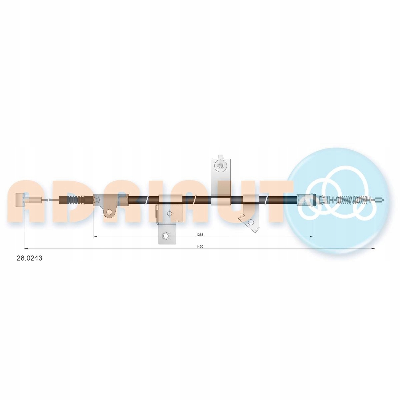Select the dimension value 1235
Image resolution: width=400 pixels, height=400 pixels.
[199, 235]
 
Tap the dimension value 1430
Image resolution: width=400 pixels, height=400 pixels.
[200, 247]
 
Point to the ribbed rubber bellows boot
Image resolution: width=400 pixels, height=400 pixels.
[76, 200]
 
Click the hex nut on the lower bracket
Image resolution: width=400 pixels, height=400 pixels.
[165, 236]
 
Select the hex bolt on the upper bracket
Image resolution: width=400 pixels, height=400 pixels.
[220, 166]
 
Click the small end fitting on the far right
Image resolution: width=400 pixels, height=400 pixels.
[379, 200]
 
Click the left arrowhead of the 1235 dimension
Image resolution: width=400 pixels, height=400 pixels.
[95, 237]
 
